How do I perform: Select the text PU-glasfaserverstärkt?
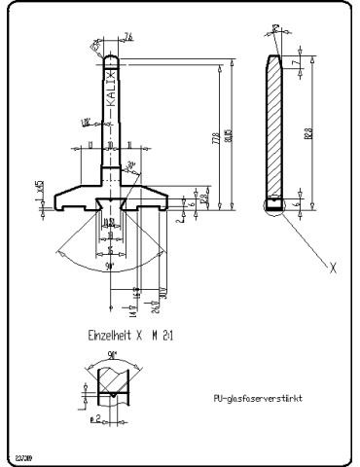(257, 398)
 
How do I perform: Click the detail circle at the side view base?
(274, 205)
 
